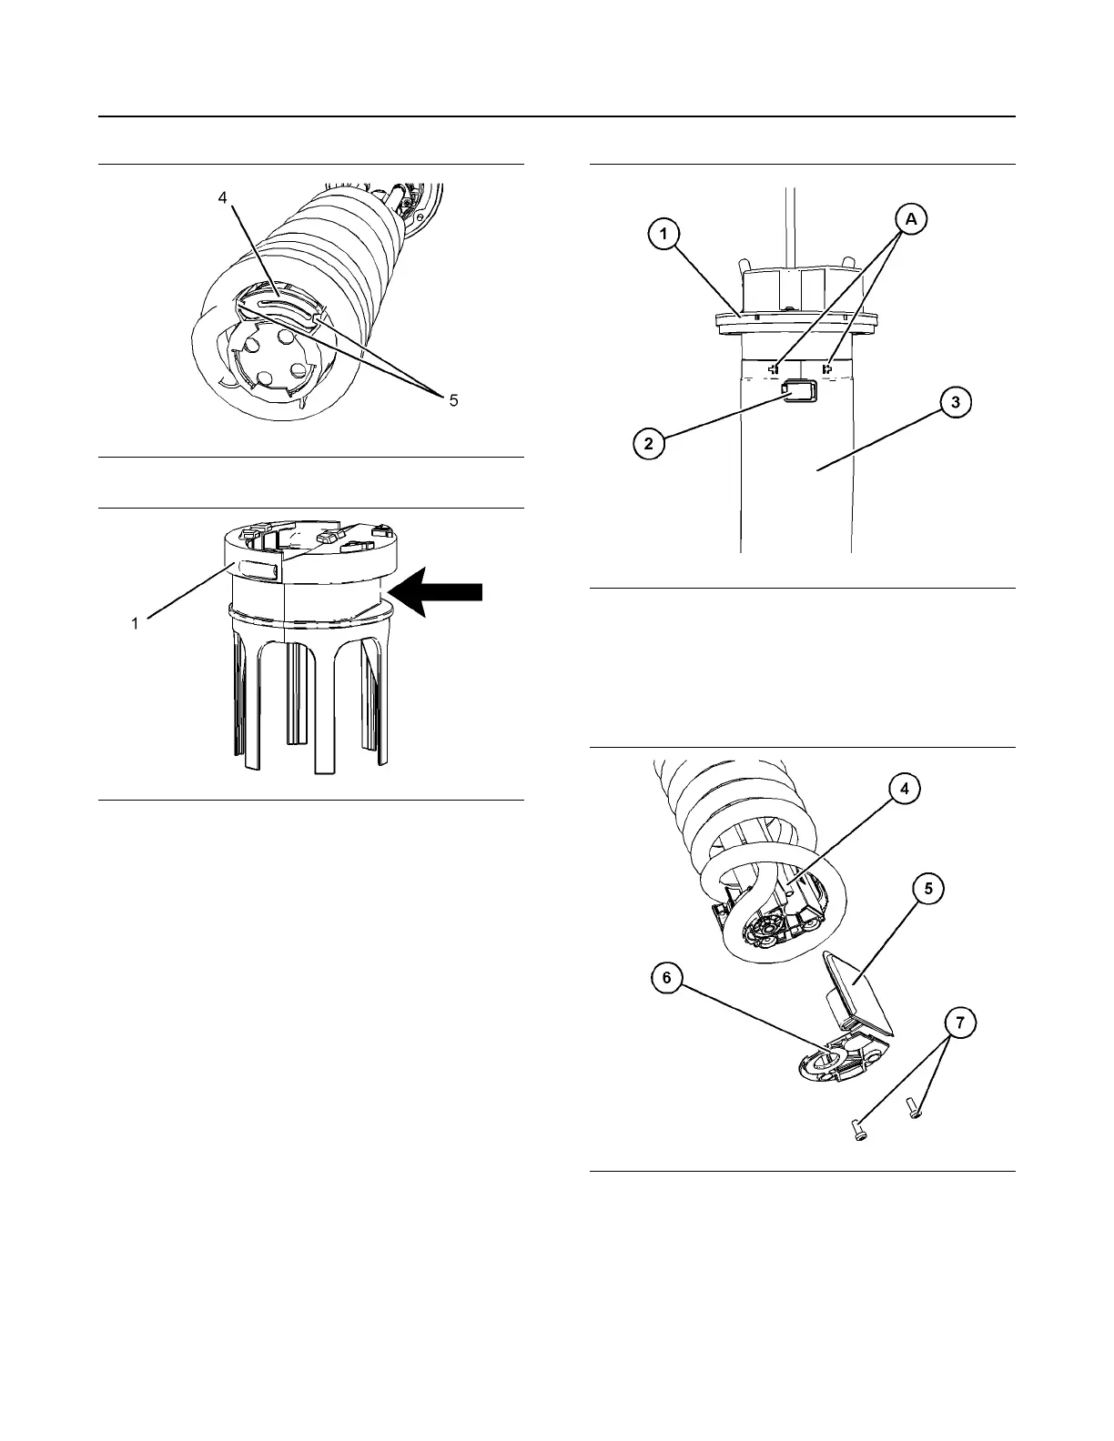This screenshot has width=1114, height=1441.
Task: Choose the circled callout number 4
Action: coord(904,790)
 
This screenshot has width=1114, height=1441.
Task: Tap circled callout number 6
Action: coord(667,978)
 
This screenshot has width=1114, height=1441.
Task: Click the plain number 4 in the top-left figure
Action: coord(223,197)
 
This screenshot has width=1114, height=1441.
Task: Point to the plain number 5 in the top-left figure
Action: coord(453,400)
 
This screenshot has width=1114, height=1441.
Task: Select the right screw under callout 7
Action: coord(914,1108)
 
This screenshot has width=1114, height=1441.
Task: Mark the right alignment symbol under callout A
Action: coord(828,368)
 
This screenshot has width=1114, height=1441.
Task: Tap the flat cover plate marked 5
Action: coord(859,994)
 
